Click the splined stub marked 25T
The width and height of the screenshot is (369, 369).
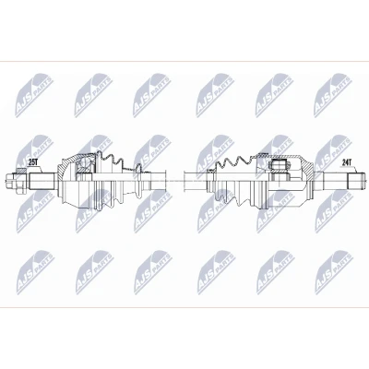click(42, 181)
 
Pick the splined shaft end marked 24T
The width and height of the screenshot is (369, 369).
click(356, 181)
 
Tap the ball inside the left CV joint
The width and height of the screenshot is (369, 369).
click(84, 167)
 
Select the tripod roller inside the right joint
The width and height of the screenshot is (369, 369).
click(280, 166)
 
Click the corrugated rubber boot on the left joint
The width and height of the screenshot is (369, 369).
click(118, 182)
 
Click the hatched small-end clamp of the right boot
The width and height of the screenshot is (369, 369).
click(211, 171)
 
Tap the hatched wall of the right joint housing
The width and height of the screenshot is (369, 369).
click(306, 168)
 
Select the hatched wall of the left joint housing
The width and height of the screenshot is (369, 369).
click(65, 168)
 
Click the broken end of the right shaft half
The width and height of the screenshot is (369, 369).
click(184, 181)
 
